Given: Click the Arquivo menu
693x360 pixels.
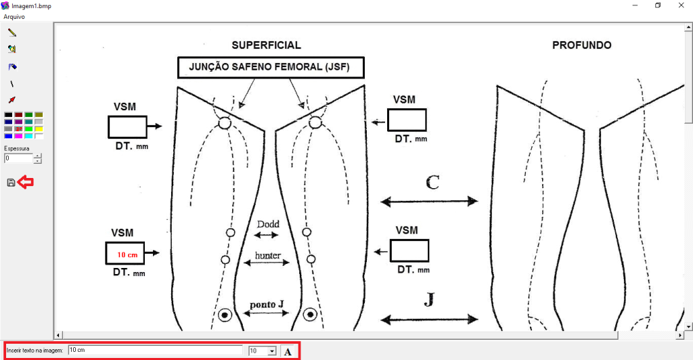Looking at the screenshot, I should click(14, 16).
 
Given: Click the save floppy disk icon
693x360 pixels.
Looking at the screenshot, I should click(11, 183).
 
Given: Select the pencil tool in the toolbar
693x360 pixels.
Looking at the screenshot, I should click(12, 32).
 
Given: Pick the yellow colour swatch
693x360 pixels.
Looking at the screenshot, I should click(39, 129).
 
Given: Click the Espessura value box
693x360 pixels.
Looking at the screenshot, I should click(18, 158).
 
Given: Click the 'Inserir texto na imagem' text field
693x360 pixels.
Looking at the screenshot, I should click(156, 351).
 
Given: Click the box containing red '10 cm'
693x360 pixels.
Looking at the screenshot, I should click(125, 253).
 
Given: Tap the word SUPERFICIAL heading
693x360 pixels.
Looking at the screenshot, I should click(266, 45).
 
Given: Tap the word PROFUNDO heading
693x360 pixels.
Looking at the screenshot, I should click(581, 45).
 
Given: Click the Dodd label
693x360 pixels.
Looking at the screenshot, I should click(268, 224).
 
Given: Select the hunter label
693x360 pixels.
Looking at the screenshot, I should click(268, 255).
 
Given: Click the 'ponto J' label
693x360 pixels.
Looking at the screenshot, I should click(267, 305).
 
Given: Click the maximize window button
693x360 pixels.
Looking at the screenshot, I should click(657, 5).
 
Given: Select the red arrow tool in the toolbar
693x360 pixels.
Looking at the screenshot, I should click(12, 99).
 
